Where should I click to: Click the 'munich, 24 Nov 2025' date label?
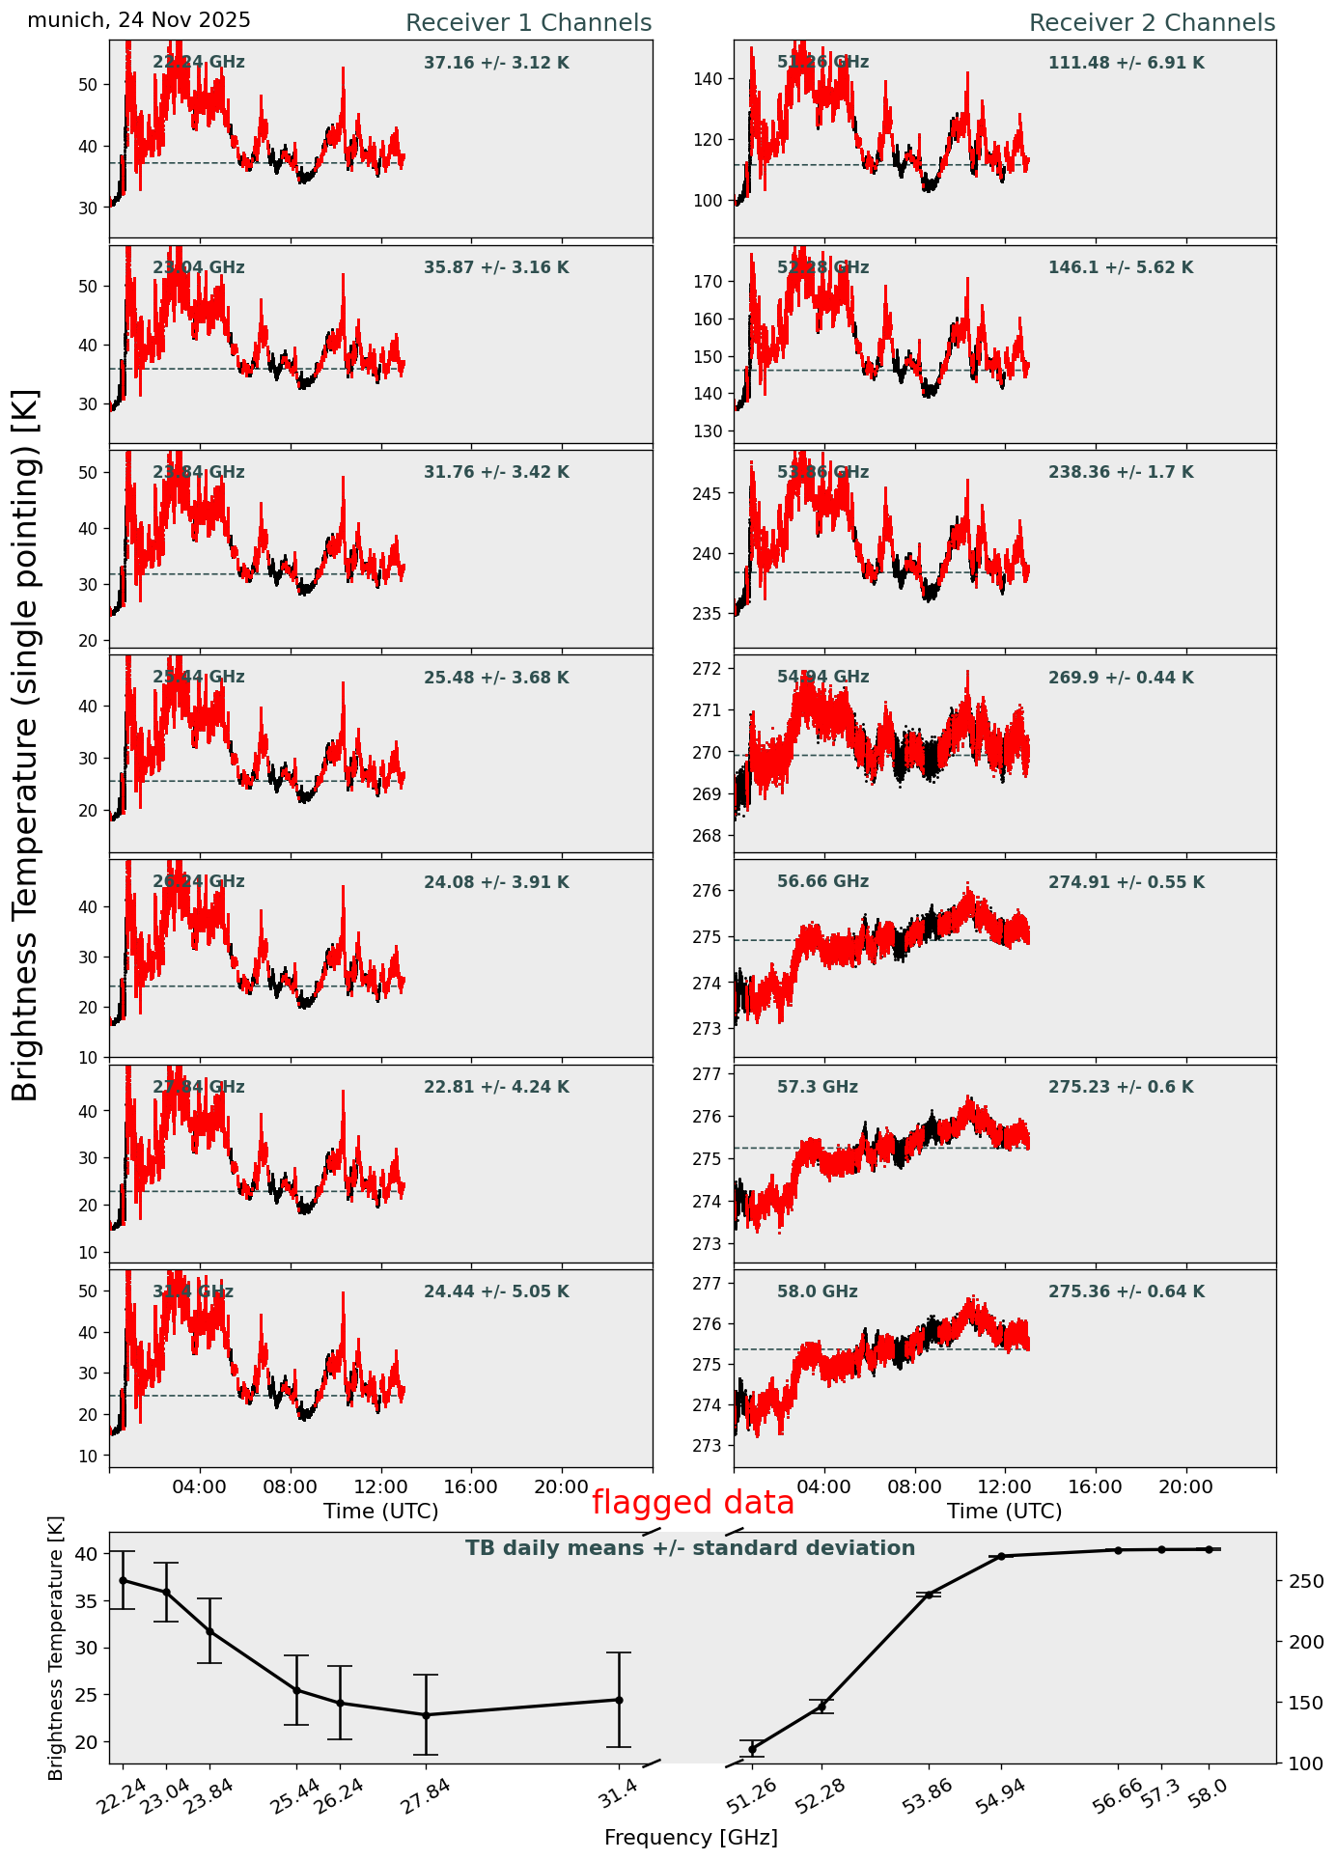point(139,20)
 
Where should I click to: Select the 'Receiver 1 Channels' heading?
point(528,23)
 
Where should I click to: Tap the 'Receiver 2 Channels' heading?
point(1152,23)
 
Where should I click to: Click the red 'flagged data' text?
point(693,1503)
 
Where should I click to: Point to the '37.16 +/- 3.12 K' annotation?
point(496,63)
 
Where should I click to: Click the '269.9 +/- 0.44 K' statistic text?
point(1121,678)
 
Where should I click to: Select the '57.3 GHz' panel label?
point(818,1087)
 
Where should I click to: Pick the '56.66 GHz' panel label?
point(822,881)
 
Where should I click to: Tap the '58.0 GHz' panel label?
point(818,1291)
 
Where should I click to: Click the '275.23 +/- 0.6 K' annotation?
point(1121,1087)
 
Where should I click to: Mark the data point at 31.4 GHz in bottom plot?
point(619,1700)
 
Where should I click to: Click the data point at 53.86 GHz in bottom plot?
point(930,1595)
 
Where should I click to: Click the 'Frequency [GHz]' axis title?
point(690,1838)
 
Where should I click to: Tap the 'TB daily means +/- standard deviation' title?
point(690,1548)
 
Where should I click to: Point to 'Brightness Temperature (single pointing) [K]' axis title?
point(26,744)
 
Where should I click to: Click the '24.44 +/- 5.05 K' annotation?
point(496,1291)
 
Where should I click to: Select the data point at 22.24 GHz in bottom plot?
point(123,1580)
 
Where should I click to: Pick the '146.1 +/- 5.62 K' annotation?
point(1121,267)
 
